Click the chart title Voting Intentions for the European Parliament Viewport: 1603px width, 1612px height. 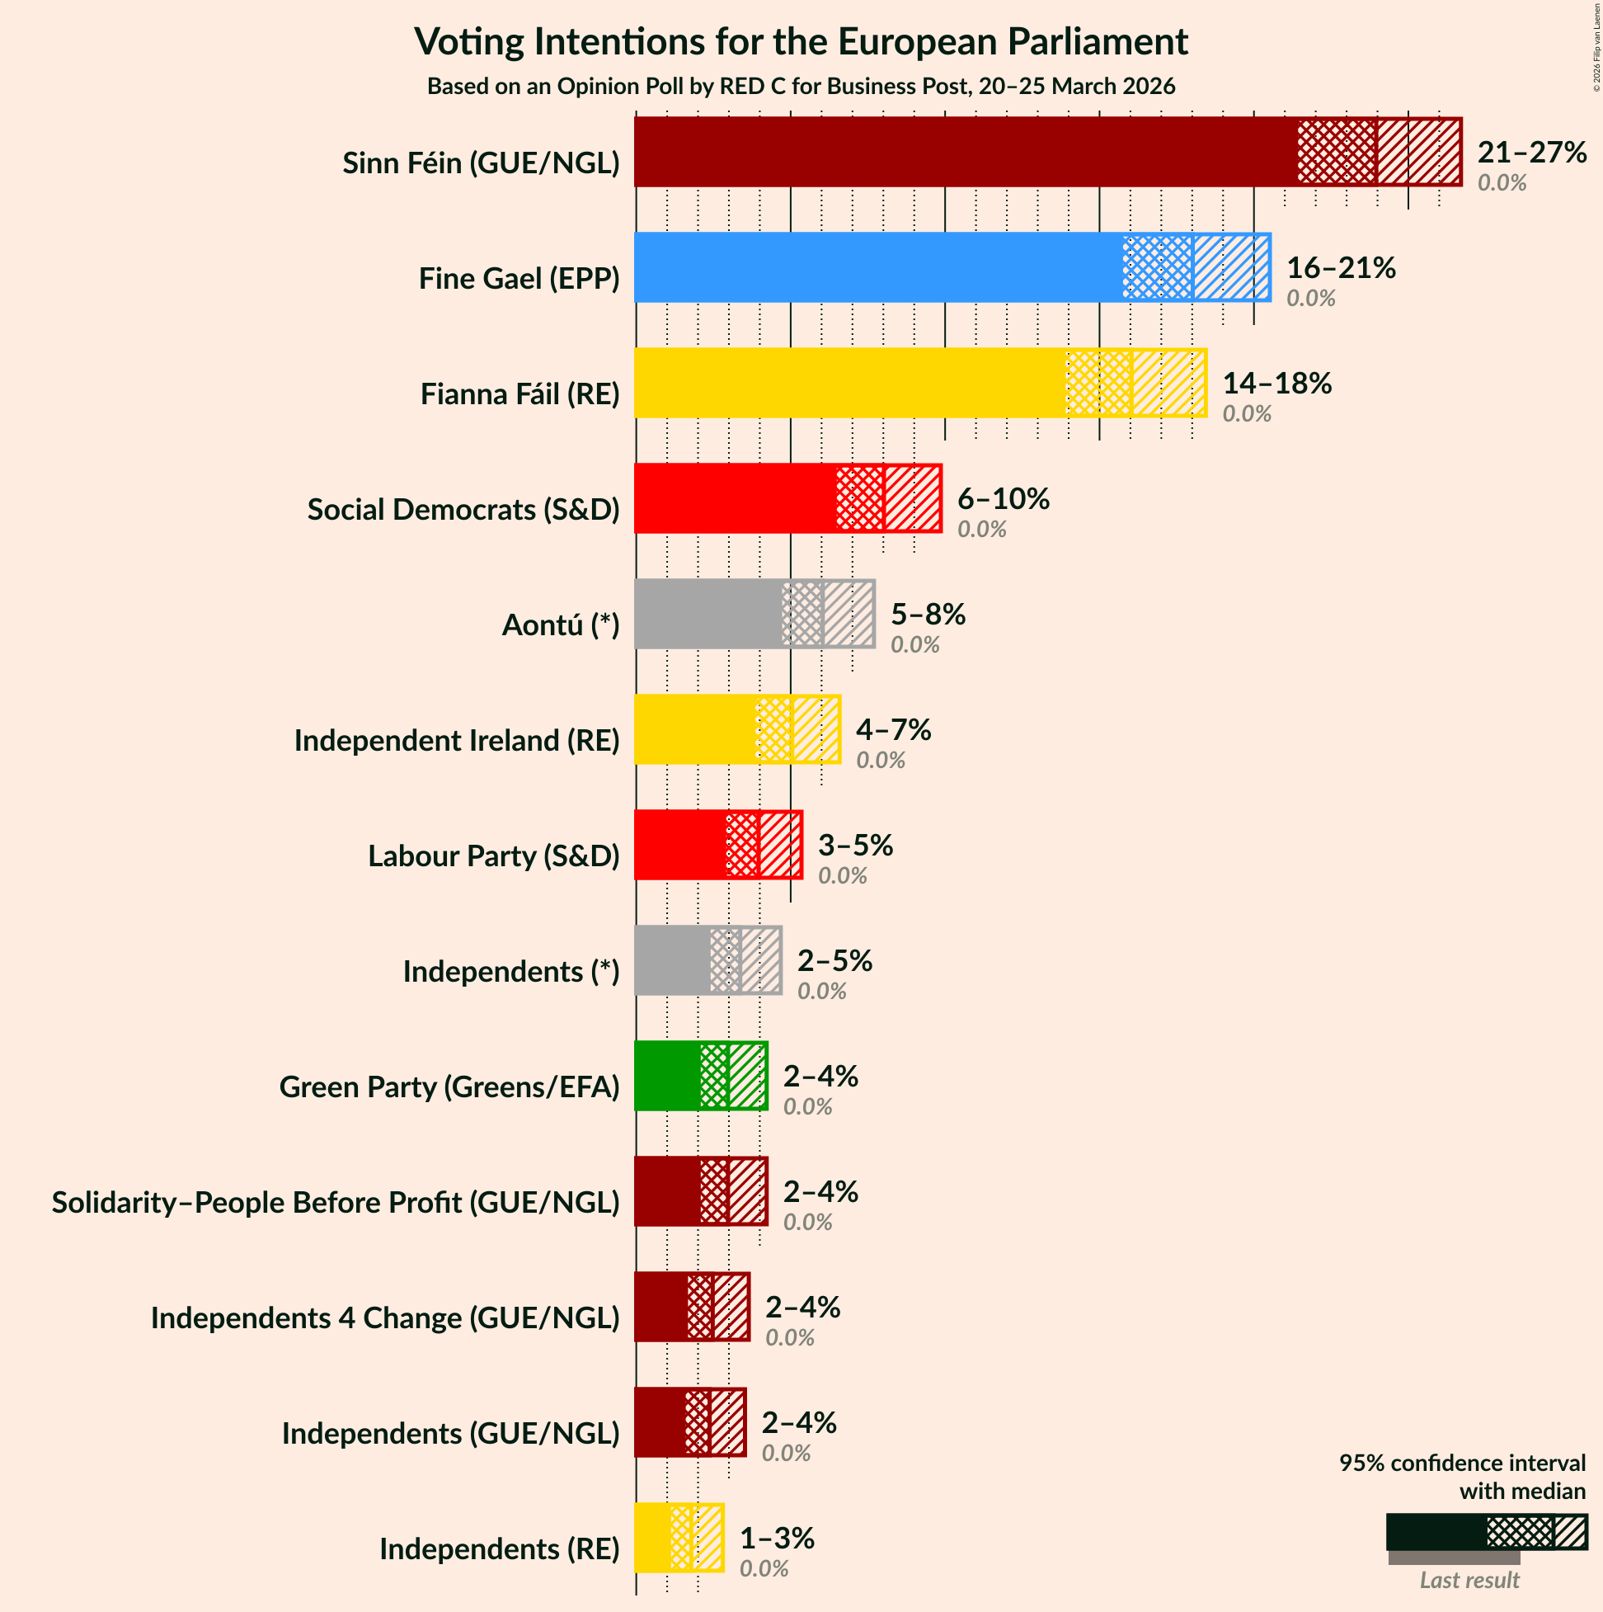tap(801, 42)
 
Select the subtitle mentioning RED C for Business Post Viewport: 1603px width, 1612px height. tap(801, 87)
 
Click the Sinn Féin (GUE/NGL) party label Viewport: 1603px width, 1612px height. tap(482, 163)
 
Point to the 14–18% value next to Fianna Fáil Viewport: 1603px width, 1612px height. tap(1277, 383)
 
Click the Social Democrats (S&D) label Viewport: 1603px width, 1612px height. tap(463, 510)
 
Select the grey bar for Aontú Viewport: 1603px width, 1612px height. tap(709, 614)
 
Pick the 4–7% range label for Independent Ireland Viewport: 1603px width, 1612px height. tap(893, 730)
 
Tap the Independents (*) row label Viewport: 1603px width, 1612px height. tap(511, 972)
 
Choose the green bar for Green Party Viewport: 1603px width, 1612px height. tap(667, 1077)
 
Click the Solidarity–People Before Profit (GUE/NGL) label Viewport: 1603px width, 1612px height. tap(336, 1203)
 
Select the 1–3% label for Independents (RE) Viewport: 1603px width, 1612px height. tap(777, 1538)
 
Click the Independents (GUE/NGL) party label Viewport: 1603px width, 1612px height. tap(451, 1434)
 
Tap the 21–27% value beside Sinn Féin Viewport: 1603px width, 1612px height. tap(1531, 153)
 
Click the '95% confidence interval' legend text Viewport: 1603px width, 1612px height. tap(1462, 1464)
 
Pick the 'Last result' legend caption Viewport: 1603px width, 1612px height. tap(1469, 1581)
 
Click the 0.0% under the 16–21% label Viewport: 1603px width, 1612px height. tap(1310, 299)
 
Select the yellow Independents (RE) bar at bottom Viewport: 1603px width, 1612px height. tap(652, 1538)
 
